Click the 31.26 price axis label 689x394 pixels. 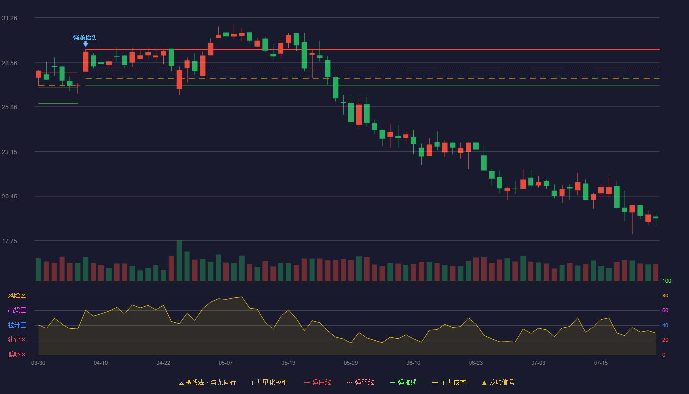pos(9,18)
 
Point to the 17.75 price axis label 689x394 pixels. pos(9,241)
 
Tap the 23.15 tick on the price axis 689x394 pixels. pos(9,152)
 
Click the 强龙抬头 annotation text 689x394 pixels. pos(85,38)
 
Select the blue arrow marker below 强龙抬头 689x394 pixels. pos(86,44)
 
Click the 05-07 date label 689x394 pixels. pos(226,363)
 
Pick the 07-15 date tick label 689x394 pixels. pos(601,363)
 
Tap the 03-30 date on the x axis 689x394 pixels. pos(38,363)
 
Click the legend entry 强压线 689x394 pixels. pos(317,382)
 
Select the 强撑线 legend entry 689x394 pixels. pos(403,382)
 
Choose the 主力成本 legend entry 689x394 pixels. pos(449,382)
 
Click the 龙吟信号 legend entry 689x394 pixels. pos(498,382)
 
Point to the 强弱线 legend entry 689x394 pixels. pos(360,382)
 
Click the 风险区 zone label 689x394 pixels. pos(17,295)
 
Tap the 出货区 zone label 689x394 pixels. pos(17,310)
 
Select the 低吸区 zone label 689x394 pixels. pos(17,354)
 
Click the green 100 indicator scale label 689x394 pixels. pos(667,281)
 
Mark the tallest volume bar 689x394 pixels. pos(179,261)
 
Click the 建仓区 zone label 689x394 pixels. pos(17,339)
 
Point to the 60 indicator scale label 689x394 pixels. pos(665,310)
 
